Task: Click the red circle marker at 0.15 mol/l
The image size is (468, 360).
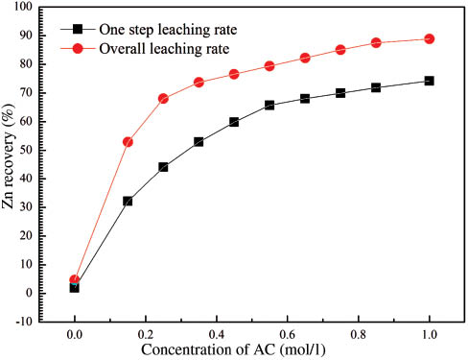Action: pyautogui.click(x=128, y=141)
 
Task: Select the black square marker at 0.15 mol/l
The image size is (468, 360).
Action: pyautogui.click(x=128, y=201)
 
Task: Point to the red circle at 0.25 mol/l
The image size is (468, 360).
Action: pyautogui.click(x=163, y=98)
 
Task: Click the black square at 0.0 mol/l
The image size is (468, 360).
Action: pyautogui.click(x=74, y=287)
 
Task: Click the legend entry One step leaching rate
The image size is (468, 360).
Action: pyautogui.click(x=168, y=29)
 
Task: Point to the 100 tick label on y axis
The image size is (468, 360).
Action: pyautogui.click(x=46, y=8)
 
